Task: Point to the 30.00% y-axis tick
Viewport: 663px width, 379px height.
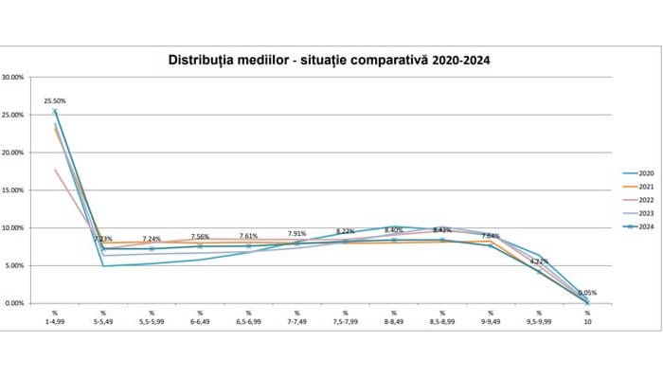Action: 14,77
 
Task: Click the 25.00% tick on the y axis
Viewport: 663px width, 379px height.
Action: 14,115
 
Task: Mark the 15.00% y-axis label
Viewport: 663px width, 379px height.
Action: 14,190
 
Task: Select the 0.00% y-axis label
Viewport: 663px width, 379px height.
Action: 16,303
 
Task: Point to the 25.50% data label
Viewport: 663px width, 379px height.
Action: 55,100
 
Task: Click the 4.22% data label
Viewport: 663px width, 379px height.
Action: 538,261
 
